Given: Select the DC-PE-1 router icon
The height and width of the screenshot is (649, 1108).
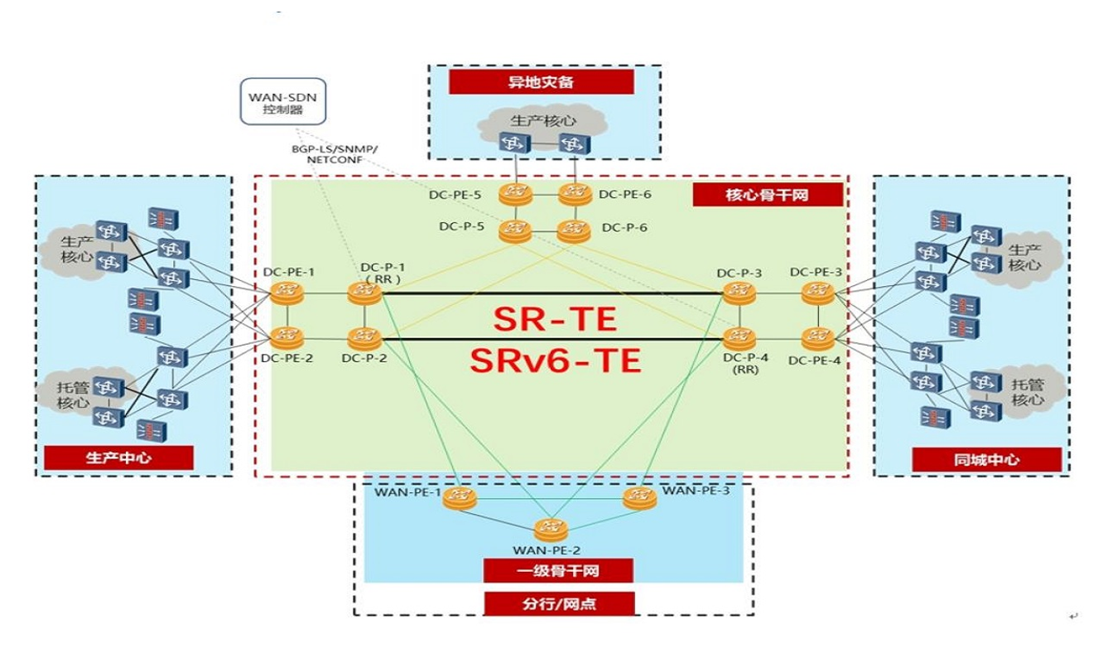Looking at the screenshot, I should tap(287, 292).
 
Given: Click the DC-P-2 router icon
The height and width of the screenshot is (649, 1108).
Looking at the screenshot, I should tap(365, 337).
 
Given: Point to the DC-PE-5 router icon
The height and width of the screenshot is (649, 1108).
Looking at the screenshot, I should tap(515, 195).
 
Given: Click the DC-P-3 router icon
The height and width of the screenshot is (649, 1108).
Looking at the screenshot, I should tap(739, 292).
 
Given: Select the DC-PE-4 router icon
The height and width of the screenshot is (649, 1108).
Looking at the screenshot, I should tap(817, 337).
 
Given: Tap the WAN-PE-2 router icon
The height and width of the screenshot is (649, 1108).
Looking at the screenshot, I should tap(550, 528).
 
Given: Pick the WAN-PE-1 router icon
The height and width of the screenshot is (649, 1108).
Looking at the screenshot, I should tap(458, 498).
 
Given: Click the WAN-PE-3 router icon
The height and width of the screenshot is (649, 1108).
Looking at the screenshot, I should tap(638, 498).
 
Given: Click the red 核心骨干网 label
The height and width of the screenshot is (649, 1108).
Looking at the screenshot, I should tap(767, 195).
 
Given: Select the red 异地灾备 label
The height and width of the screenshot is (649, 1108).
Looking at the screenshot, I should tap(541, 82).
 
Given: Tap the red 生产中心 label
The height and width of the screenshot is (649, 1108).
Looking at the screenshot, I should tap(118, 458).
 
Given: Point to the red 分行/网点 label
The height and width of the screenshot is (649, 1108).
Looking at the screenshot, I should tap(559, 603).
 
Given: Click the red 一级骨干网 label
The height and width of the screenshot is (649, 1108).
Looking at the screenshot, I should tap(559, 570).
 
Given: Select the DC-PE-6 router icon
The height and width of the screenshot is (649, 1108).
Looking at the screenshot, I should tap(574, 195).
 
